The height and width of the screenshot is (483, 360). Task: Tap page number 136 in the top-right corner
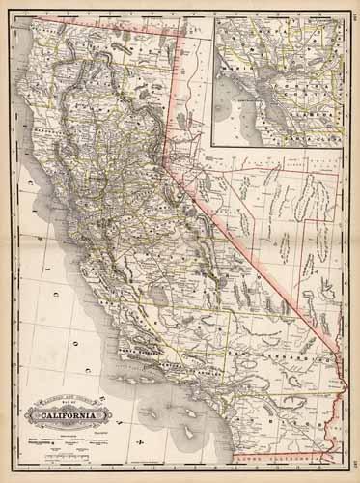click(353, 11)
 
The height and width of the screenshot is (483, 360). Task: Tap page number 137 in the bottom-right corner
click(353, 470)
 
